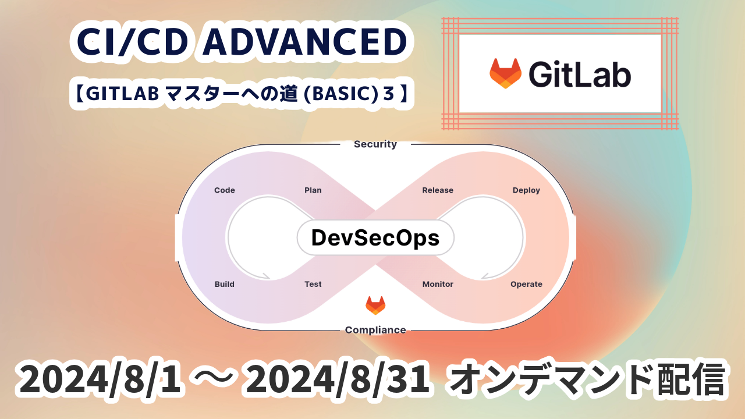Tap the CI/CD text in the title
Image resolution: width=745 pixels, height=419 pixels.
tap(132, 41)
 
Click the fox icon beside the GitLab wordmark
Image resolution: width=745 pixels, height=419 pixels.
tap(505, 73)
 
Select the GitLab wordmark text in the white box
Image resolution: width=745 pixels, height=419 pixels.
tap(580, 74)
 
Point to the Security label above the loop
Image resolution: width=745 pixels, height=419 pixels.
tap(375, 144)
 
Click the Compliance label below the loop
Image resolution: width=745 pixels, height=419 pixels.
tap(375, 330)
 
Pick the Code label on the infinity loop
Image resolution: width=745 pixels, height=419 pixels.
tap(225, 190)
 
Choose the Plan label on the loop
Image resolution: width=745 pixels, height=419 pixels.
tap(313, 190)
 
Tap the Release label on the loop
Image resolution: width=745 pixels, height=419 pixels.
tap(438, 190)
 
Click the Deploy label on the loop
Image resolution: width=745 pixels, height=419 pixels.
tap(526, 190)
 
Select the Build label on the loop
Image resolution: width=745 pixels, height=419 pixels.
tap(225, 284)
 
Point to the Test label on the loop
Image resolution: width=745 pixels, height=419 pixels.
tap(313, 284)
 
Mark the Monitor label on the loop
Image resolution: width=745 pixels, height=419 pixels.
tap(438, 284)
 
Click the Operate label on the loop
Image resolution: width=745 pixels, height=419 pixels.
tap(526, 285)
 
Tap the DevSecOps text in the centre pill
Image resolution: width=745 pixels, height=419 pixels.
tap(375, 238)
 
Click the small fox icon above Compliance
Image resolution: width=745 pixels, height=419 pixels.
tap(375, 306)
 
